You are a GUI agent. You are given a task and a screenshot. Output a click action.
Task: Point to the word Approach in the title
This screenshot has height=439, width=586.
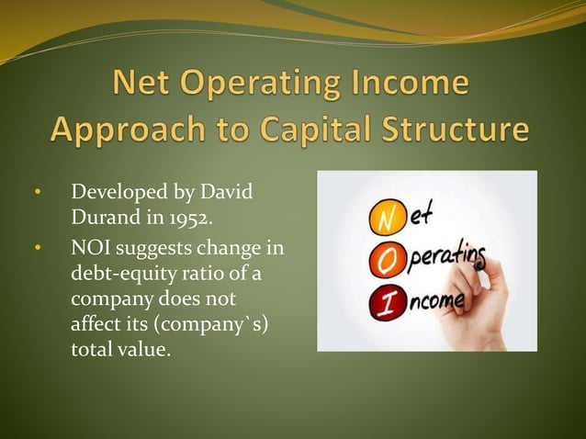123,129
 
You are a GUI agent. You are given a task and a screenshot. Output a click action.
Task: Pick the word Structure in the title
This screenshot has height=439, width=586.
448,129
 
